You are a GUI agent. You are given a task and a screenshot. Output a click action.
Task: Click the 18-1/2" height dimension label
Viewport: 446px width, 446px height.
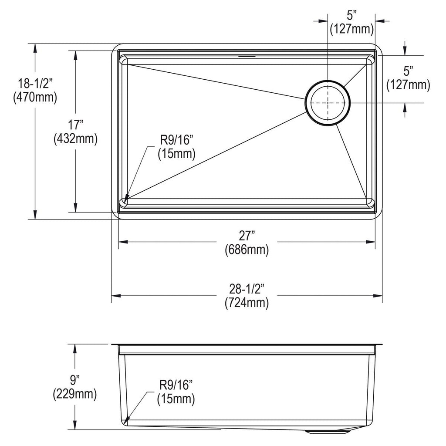[x=35, y=84]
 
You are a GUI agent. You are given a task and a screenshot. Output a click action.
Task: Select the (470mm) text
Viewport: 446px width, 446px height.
[x=35, y=98]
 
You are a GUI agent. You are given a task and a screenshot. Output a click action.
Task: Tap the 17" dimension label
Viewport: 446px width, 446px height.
[x=75, y=125]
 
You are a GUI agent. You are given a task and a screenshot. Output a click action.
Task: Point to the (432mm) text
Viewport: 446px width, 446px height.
[x=75, y=139]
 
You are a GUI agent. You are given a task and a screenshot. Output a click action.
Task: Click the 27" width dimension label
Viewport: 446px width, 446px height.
[x=247, y=236]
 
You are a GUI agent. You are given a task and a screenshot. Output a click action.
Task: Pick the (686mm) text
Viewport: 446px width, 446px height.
[x=247, y=250]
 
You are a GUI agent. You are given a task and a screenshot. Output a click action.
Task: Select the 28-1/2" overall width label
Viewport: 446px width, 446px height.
[x=247, y=289]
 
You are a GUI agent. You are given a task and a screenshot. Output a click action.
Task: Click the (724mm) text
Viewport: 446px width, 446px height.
[x=247, y=303]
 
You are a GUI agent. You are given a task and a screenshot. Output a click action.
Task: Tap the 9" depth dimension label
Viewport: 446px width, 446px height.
[x=74, y=380]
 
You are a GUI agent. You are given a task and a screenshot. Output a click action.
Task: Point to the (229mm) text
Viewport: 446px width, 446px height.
[x=74, y=394]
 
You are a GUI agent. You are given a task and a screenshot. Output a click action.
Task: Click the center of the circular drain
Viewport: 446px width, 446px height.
[x=328, y=103]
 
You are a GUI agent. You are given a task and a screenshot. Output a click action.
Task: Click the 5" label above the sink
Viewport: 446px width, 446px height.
[x=351, y=16]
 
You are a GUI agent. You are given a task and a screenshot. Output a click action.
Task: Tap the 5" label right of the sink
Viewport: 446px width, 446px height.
[x=408, y=71]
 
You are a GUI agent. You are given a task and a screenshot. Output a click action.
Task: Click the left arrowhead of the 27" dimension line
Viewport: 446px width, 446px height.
[x=122, y=242]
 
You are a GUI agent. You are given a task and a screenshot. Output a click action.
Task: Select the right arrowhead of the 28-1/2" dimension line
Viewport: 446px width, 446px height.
[x=378, y=296]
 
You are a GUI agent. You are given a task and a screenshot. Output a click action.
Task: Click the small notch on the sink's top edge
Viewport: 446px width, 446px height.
[x=247, y=56]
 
